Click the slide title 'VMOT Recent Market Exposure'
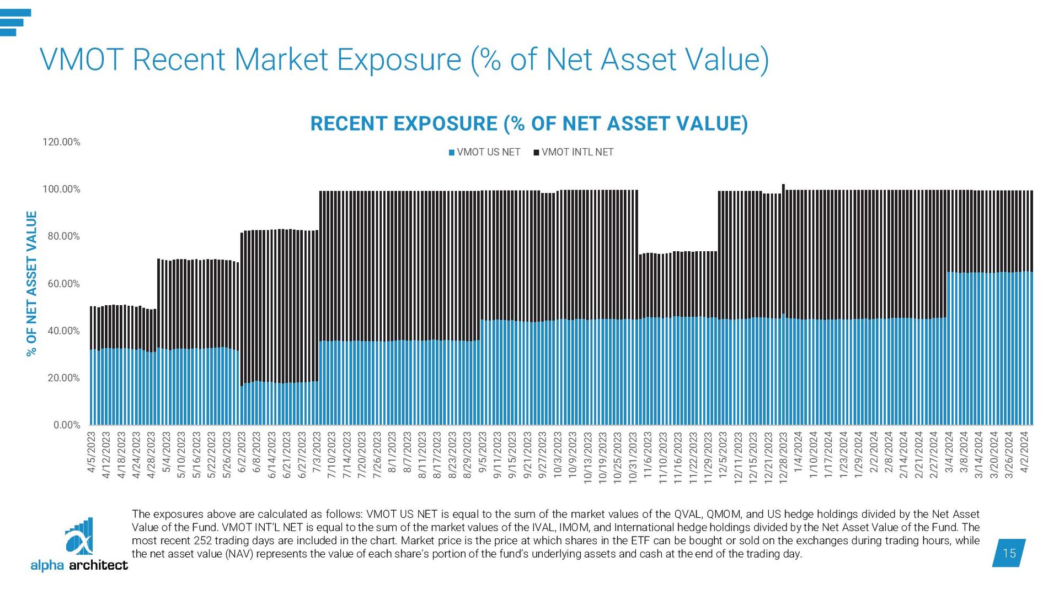(404, 59)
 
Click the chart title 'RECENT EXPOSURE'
(529, 123)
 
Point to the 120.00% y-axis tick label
(61, 142)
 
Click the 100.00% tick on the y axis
(61, 190)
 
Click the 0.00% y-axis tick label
(66, 425)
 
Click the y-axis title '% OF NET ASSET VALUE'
(32, 283)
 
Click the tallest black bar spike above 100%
(784, 186)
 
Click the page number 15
(1009, 553)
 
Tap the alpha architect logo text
(79, 565)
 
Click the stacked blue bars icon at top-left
(15, 22)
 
